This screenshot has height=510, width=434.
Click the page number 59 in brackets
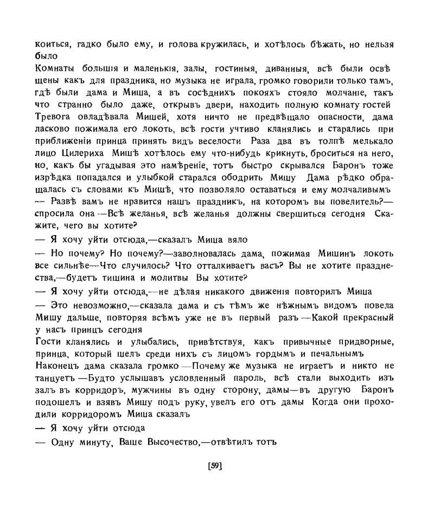click(x=216, y=465)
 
